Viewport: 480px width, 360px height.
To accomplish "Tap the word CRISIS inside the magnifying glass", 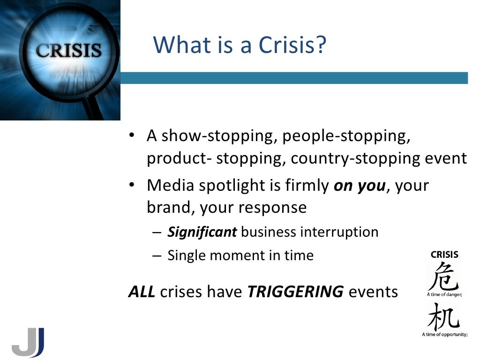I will tap(69, 50).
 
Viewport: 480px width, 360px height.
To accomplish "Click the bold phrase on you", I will tap(360, 186).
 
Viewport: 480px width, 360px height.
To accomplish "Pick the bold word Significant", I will tap(202, 232).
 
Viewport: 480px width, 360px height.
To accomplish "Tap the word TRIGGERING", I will tap(295, 292).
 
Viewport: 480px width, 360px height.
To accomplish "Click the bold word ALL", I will tap(142, 292).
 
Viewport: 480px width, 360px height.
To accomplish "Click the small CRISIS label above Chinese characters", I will tap(444, 255).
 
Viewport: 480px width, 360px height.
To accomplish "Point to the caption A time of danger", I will tap(444, 295).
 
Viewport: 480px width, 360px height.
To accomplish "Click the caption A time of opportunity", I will tap(444, 335).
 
